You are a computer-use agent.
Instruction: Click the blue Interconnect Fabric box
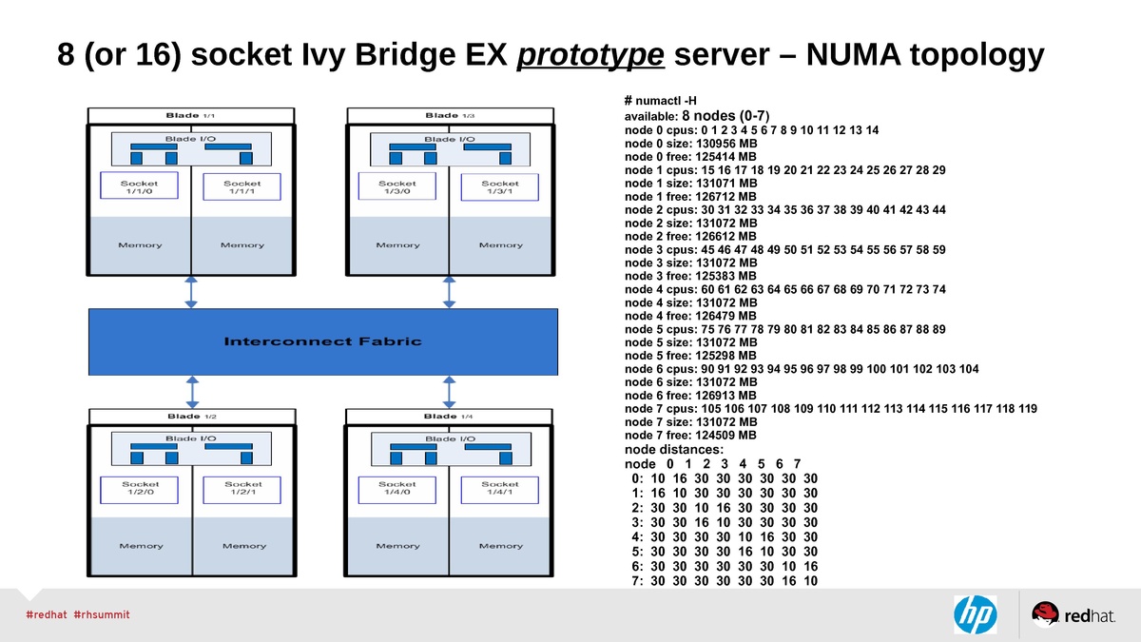322,341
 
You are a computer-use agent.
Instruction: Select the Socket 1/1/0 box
140,187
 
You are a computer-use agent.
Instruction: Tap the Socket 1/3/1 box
500,187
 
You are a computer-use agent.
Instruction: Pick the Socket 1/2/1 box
243,489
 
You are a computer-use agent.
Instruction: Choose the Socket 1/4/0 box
397,489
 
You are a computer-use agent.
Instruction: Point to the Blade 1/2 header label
191,417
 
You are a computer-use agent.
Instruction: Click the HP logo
975,614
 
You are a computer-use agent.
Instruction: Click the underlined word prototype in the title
590,55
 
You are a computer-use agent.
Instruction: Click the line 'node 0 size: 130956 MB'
690,144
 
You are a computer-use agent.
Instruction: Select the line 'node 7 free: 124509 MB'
690,435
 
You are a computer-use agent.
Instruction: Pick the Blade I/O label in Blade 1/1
191,139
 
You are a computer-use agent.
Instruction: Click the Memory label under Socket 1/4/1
500,546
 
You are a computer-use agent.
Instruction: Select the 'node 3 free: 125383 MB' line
690,276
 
